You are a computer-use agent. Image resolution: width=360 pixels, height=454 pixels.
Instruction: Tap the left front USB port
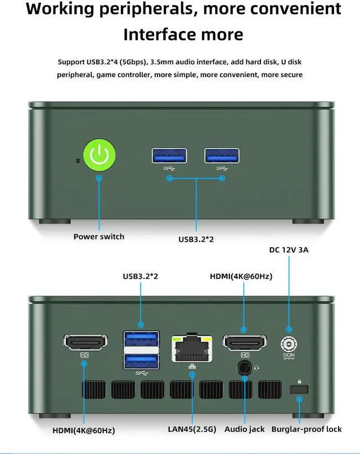point(169,156)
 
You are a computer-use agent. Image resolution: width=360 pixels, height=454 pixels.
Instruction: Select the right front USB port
point(222,156)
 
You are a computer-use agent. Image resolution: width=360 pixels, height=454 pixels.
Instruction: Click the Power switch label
point(99,236)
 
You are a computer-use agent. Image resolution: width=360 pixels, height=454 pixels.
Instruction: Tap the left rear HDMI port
point(86,342)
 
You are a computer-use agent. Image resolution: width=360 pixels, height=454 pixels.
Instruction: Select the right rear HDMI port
point(245,342)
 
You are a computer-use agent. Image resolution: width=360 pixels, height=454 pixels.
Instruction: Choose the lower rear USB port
point(141,360)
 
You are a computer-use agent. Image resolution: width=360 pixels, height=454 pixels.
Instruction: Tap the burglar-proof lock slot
point(299,390)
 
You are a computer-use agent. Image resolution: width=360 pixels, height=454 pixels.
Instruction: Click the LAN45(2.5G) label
point(191,429)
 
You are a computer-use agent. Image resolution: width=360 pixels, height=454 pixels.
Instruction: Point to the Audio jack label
point(245,429)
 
